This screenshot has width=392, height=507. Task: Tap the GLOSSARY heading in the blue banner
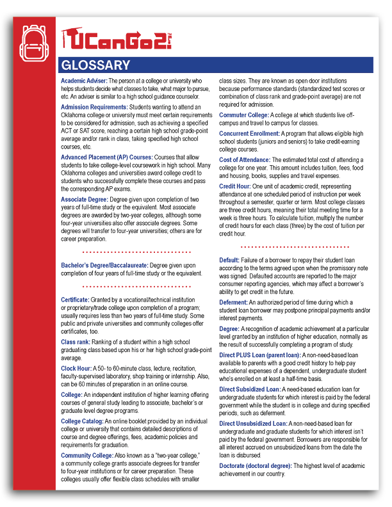[95, 66]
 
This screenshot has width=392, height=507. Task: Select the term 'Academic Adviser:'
[83, 81]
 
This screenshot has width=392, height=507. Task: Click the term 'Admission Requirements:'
[94, 106]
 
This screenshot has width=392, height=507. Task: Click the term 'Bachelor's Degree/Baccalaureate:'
[104, 264]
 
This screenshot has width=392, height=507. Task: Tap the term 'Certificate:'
[75, 300]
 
